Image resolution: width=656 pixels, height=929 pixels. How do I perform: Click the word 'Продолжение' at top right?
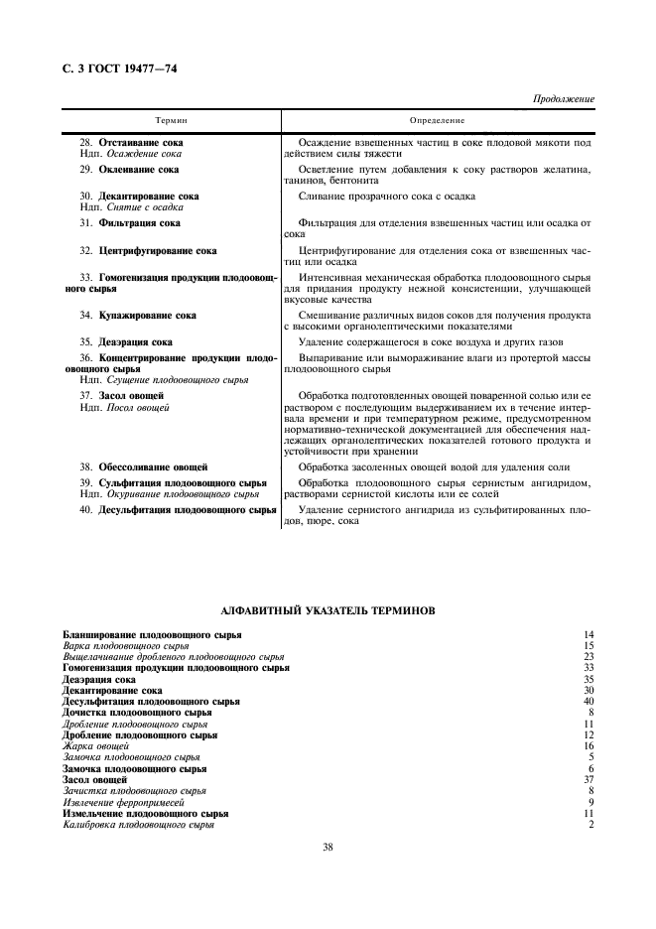[x=564, y=100]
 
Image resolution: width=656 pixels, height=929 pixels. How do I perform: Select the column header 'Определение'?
[x=438, y=120]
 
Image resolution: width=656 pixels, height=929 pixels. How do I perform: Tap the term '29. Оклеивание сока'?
[x=129, y=170]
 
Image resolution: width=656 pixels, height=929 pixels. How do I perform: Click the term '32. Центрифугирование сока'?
[x=148, y=251]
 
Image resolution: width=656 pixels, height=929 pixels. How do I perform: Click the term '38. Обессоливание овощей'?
[x=144, y=465]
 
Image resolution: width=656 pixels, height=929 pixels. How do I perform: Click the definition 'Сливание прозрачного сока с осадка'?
[x=386, y=197]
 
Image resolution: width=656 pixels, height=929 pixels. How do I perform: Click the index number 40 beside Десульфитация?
[x=589, y=701]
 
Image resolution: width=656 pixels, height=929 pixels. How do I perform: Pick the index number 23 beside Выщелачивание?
[x=589, y=656]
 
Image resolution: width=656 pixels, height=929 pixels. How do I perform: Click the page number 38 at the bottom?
[x=328, y=847]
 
